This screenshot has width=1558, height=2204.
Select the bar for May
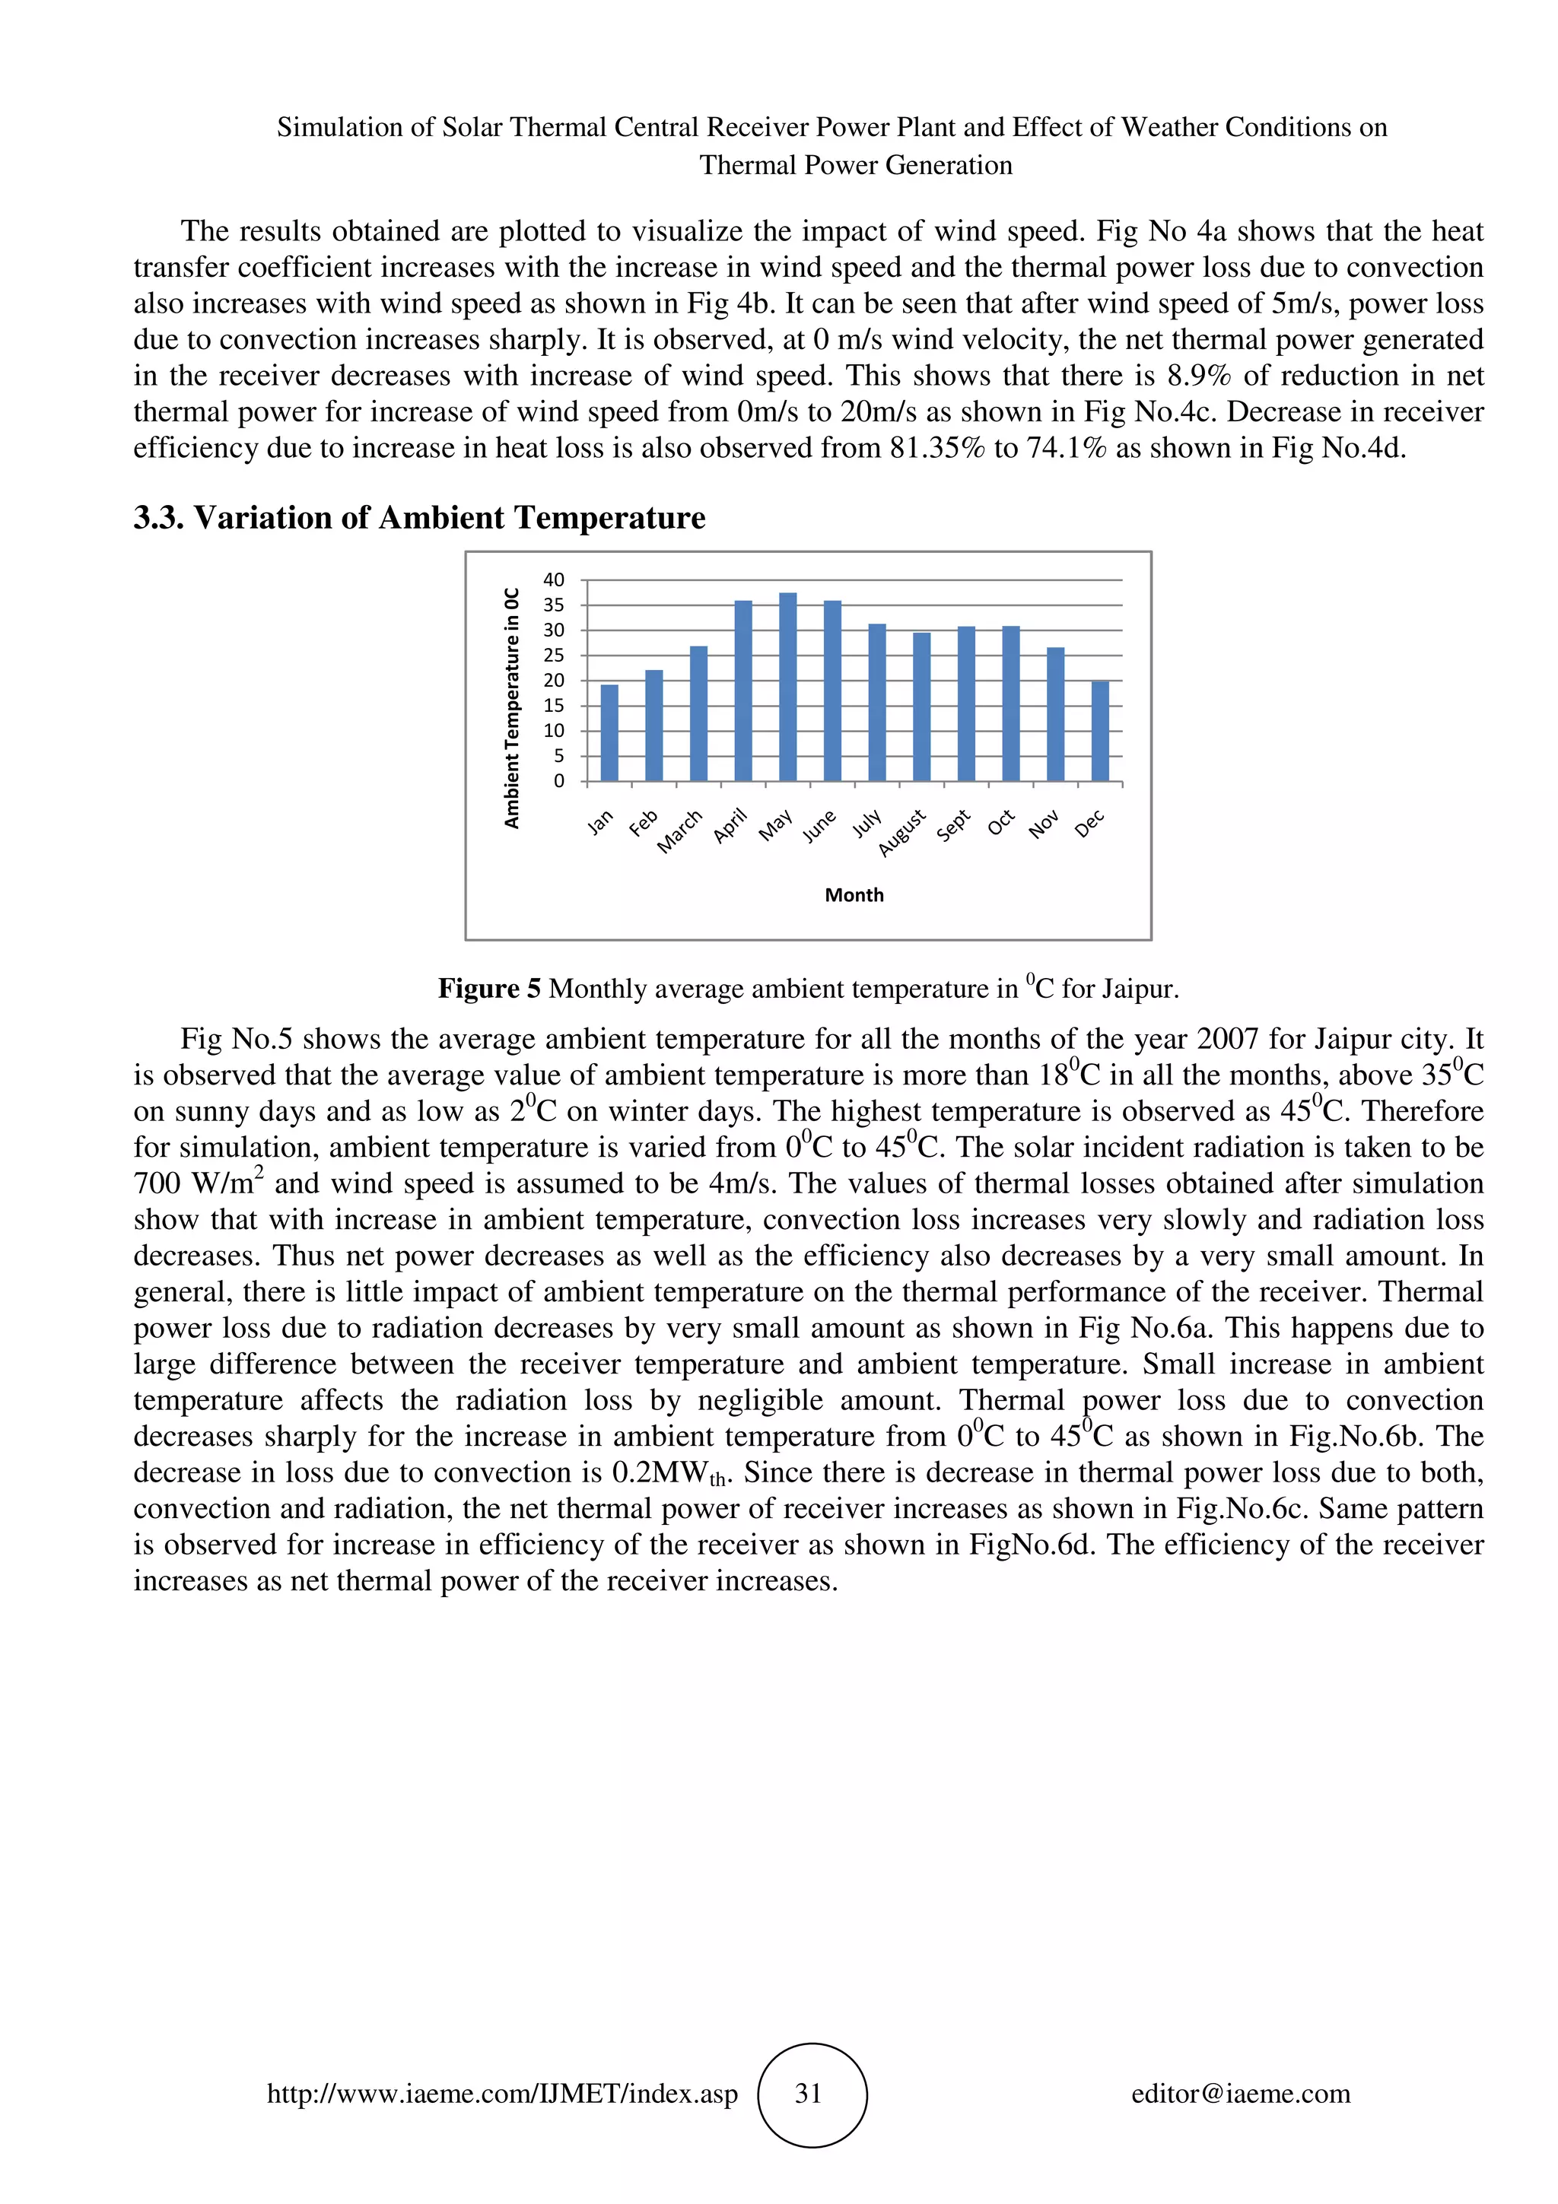(x=787, y=688)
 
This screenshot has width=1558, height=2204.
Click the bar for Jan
(x=609, y=732)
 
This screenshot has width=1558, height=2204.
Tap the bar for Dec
(x=1100, y=731)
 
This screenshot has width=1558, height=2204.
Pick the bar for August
(x=921, y=707)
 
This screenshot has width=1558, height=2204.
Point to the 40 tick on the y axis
(x=554, y=580)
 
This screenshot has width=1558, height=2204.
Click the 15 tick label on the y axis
(x=554, y=706)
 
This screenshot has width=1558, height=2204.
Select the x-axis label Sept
(x=954, y=824)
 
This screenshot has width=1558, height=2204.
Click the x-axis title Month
(x=854, y=894)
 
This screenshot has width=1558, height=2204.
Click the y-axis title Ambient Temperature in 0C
(x=513, y=707)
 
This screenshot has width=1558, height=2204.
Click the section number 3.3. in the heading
(x=158, y=519)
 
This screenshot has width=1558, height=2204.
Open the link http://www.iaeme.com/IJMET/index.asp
(x=502, y=2094)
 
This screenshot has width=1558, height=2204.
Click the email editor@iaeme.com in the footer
(x=1240, y=2094)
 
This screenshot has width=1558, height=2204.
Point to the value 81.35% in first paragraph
(x=936, y=448)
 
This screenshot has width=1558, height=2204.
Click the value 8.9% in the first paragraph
(x=1199, y=376)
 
